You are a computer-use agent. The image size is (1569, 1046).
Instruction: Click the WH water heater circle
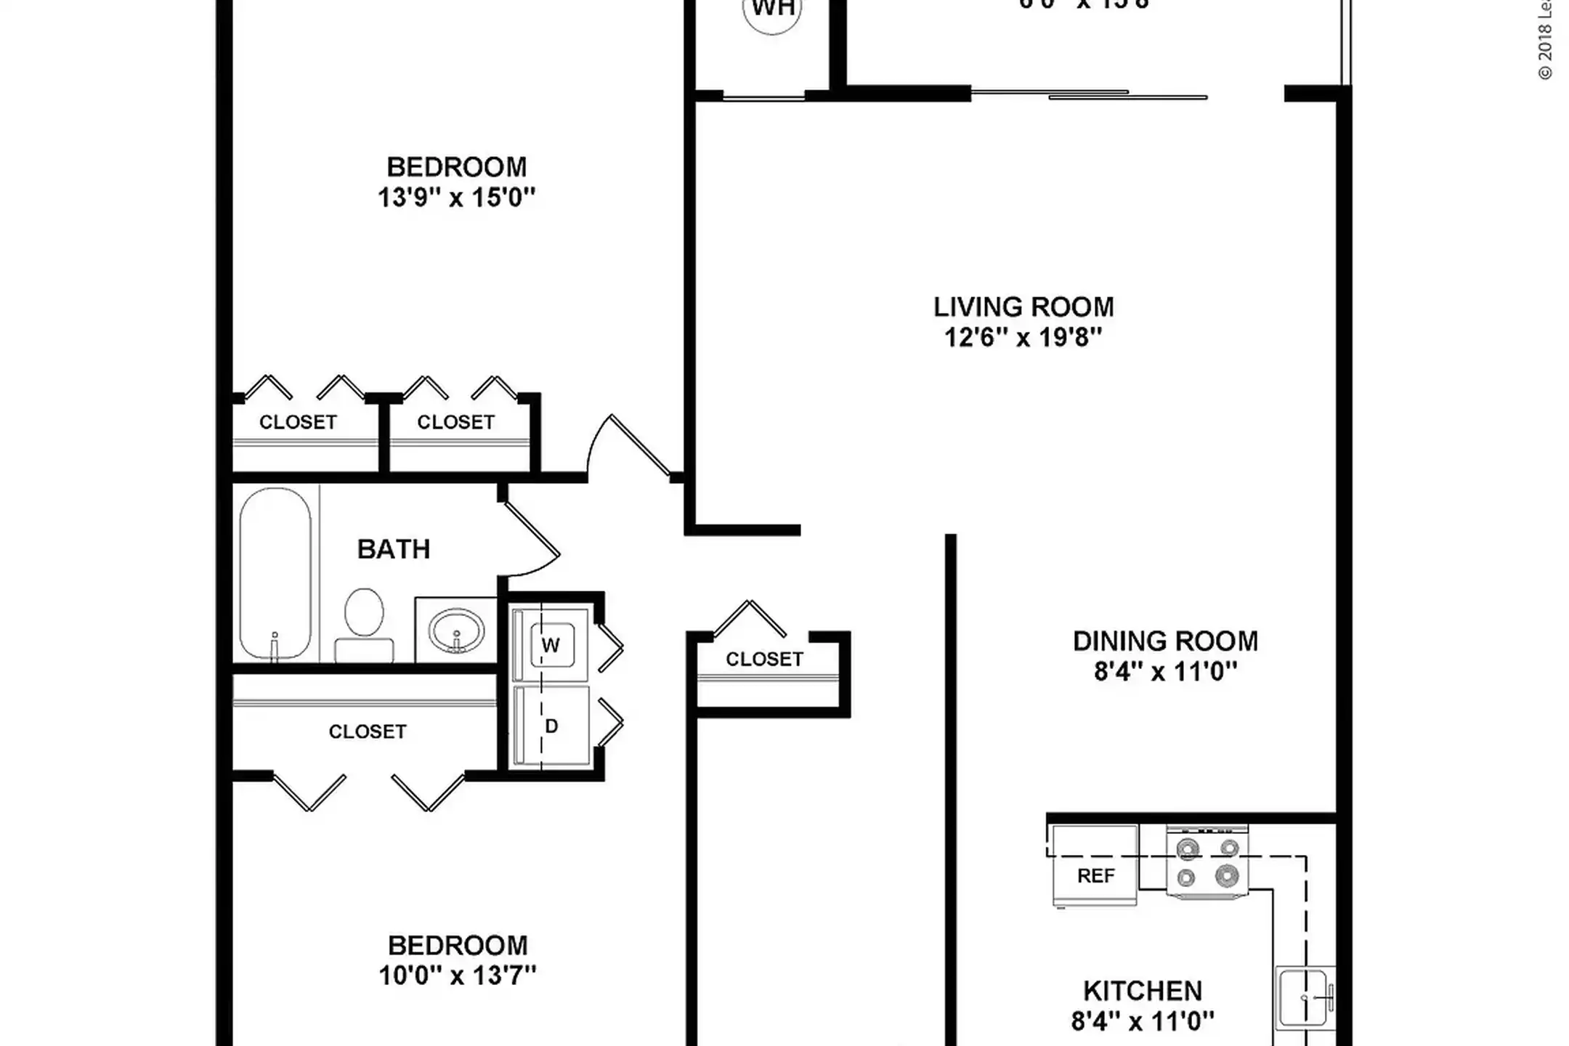pyautogui.click(x=772, y=13)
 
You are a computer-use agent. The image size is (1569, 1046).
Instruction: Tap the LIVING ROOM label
pyautogui.click(x=1023, y=307)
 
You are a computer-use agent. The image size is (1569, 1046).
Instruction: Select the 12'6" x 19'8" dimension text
pyautogui.click(x=1023, y=338)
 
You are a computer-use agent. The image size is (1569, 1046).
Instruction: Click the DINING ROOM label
pyautogui.click(x=1165, y=641)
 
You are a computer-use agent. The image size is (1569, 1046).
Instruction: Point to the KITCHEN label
pyautogui.click(x=1142, y=991)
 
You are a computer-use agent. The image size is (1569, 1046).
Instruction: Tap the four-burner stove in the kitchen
pyautogui.click(x=1207, y=862)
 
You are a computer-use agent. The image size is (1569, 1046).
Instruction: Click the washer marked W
pyautogui.click(x=551, y=645)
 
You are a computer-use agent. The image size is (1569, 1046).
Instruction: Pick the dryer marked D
pyautogui.click(x=551, y=726)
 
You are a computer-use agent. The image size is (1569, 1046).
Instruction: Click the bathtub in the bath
pyautogui.click(x=275, y=573)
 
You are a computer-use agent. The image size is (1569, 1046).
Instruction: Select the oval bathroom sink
pyautogui.click(x=455, y=630)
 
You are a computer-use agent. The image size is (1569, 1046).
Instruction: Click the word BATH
pyautogui.click(x=394, y=549)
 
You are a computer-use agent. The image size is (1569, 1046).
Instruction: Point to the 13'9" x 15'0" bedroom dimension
pyautogui.click(x=456, y=198)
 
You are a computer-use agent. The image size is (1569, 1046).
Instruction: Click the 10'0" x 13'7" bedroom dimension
pyautogui.click(x=457, y=976)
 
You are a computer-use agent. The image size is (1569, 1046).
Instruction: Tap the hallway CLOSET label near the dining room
pyautogui.click(x=764, y=660)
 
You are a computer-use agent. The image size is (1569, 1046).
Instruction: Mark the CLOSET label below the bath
pyautogui.click(x=367, y=731)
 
